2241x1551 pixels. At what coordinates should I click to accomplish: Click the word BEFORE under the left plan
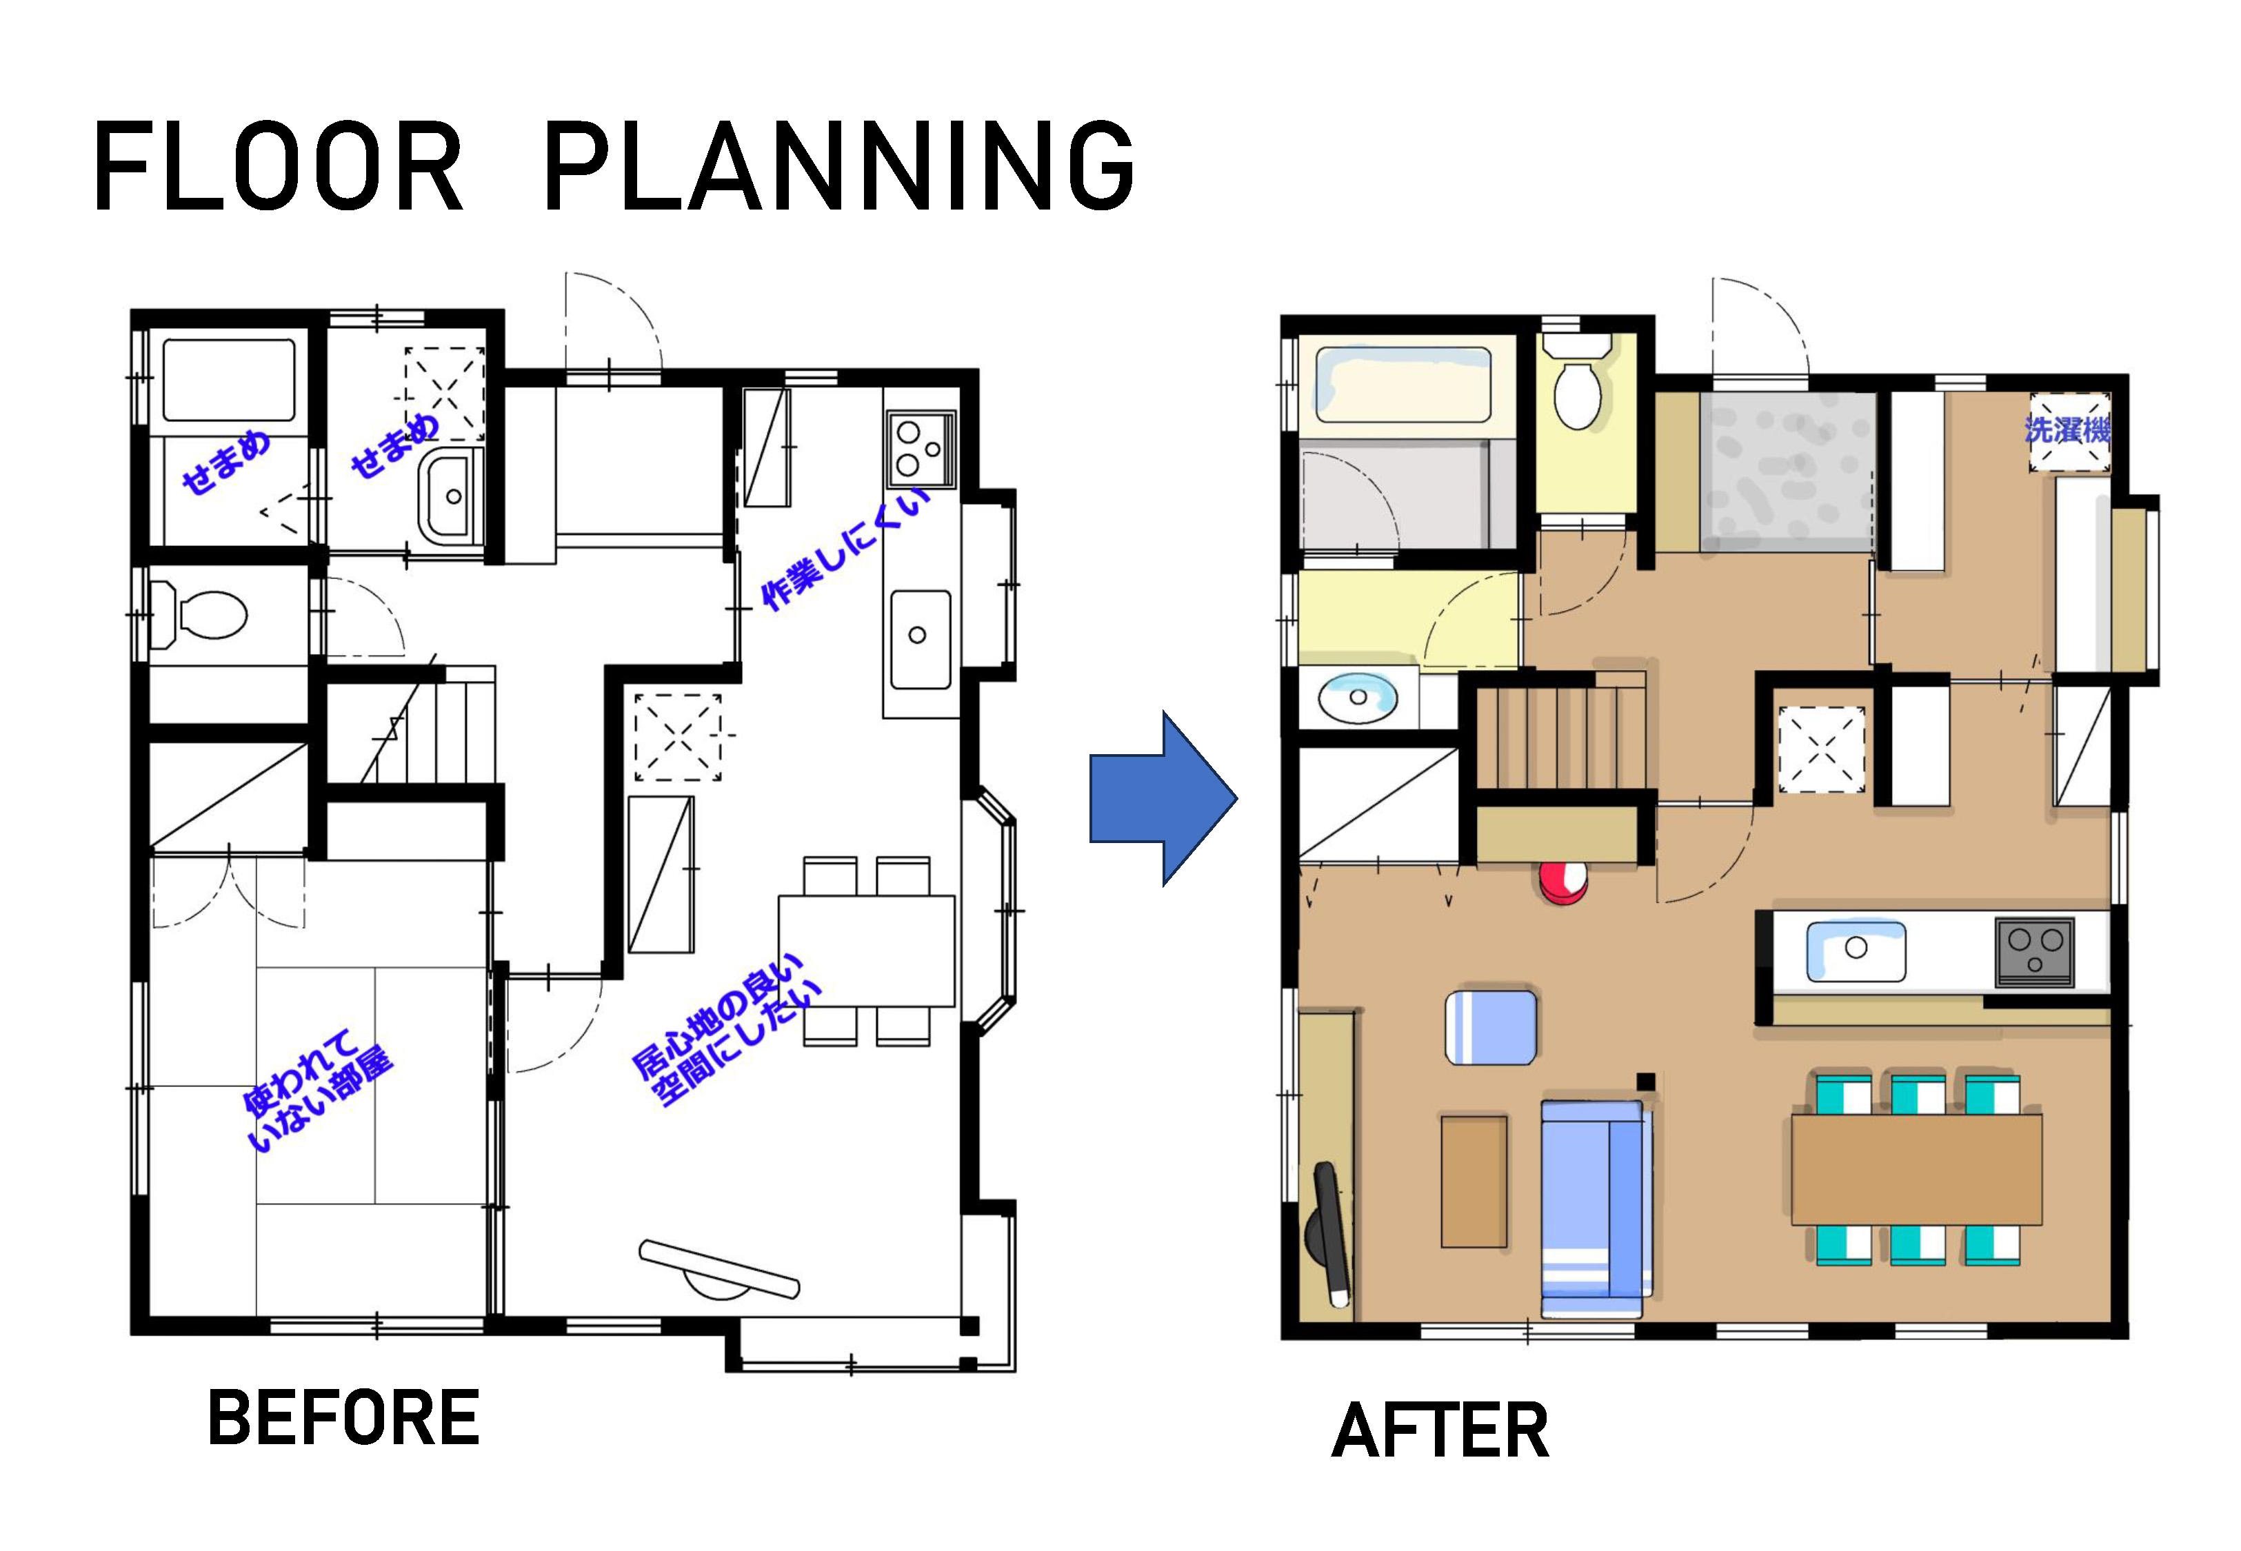[344, 1418]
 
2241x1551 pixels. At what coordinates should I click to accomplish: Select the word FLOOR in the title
[278, 166]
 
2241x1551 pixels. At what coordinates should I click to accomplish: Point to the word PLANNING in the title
[840, 166]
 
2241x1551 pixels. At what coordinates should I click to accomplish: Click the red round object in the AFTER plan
[1562, 882]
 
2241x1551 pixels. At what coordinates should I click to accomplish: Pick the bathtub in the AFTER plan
[1403, 387]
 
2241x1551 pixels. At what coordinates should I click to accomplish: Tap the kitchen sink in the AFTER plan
[1855, 951]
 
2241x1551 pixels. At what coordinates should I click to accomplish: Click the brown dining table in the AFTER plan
[1916, 1169]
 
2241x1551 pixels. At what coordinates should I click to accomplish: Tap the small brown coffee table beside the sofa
[1474, 1181]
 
